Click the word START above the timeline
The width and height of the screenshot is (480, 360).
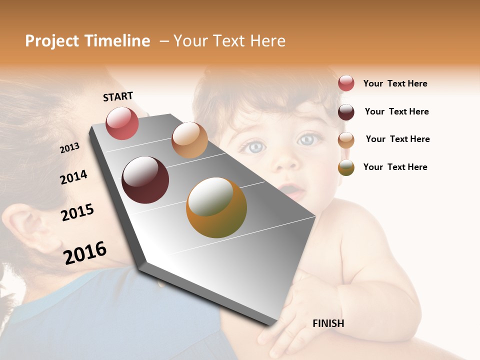[118, 96]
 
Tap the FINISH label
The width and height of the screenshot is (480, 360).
[328, 323]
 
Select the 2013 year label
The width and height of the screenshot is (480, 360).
[69, 148]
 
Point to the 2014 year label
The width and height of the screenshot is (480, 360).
[73, 177]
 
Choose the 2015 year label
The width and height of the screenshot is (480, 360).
[77, 212]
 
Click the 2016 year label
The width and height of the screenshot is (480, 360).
[85, 253]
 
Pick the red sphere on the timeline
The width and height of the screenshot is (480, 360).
[122, 123]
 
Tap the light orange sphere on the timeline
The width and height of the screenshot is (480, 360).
[189, 140]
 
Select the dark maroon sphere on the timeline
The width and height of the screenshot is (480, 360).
[145, 180]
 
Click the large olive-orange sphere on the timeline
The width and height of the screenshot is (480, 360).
[216, 207]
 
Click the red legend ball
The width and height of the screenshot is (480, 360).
[346, 83]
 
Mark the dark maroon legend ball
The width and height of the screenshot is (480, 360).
[346, 112]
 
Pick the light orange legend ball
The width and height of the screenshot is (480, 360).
[346, 140]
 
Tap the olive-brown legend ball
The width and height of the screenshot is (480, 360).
[346, 167]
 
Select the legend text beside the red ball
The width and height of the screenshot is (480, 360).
[395, 83]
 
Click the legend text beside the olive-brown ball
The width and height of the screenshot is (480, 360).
[395, 167]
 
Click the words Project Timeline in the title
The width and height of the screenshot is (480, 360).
[87, 41]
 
